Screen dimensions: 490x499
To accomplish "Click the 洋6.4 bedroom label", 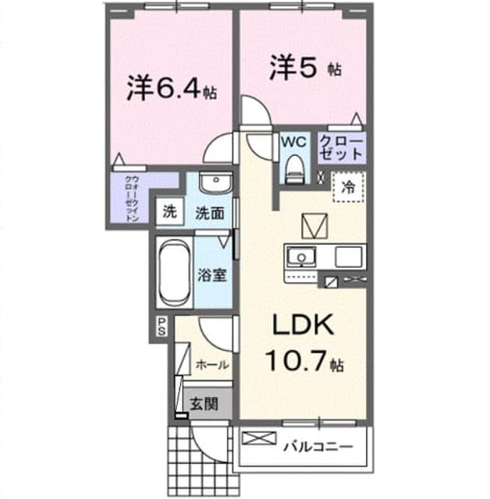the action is click(172, 89).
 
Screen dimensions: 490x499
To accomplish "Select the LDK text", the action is click(302, 324).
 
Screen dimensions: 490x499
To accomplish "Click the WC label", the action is click(294, 142).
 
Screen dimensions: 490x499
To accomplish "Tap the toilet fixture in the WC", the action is click(295, 169).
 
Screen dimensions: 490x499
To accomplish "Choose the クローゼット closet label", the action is click(341, 148).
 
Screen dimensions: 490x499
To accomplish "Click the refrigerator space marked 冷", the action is click(348, 187).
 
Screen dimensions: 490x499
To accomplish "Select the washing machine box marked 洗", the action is click(169, 211).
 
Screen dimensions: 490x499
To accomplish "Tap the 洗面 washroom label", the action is click(210, 213).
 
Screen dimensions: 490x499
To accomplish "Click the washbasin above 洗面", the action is click(216, 182).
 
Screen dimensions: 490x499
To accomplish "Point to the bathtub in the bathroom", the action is click(175, 273).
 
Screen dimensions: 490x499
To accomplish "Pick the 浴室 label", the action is click(212, 275).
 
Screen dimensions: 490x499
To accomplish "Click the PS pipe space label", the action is click(162, 327).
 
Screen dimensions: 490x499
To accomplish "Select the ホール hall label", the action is click(212, 365).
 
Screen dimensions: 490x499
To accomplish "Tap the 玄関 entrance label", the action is click(204, 404).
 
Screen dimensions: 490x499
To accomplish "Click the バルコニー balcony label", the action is click(318, 447).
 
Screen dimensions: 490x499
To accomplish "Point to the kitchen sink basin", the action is click(300, 257).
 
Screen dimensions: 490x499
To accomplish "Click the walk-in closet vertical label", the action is click(132, 198).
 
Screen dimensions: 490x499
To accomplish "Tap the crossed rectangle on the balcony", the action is click(259, 438).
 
